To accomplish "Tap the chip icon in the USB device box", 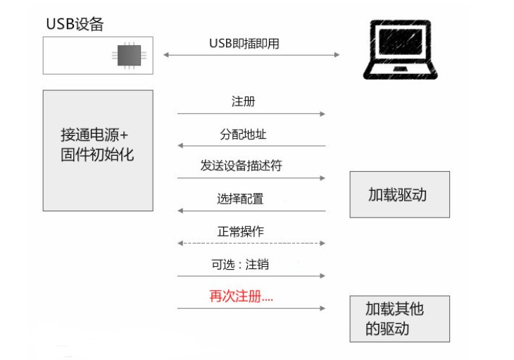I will pos(129,55).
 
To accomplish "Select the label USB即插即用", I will pos(244,43).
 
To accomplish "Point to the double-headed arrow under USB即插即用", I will pos(251,55).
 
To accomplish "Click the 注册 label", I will pos(243,101).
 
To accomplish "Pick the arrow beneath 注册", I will pos(251,113).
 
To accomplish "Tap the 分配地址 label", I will pos(243,134).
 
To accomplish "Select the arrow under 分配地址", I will pos(251,146).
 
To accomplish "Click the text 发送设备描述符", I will pos(242,166).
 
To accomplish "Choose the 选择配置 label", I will pos(240,199).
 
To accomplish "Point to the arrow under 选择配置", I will pos(251,211).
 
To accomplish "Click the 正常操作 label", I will pos(241,231).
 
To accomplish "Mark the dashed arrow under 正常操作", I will pos(251,243).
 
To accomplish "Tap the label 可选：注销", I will pos(240,265).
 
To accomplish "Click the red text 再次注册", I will pos(242,297).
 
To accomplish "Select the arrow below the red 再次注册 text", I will pos(251,309).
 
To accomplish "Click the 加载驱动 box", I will pos(399,194).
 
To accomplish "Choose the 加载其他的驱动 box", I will pos(399,318).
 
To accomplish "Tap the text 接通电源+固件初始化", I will pos(97,144).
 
